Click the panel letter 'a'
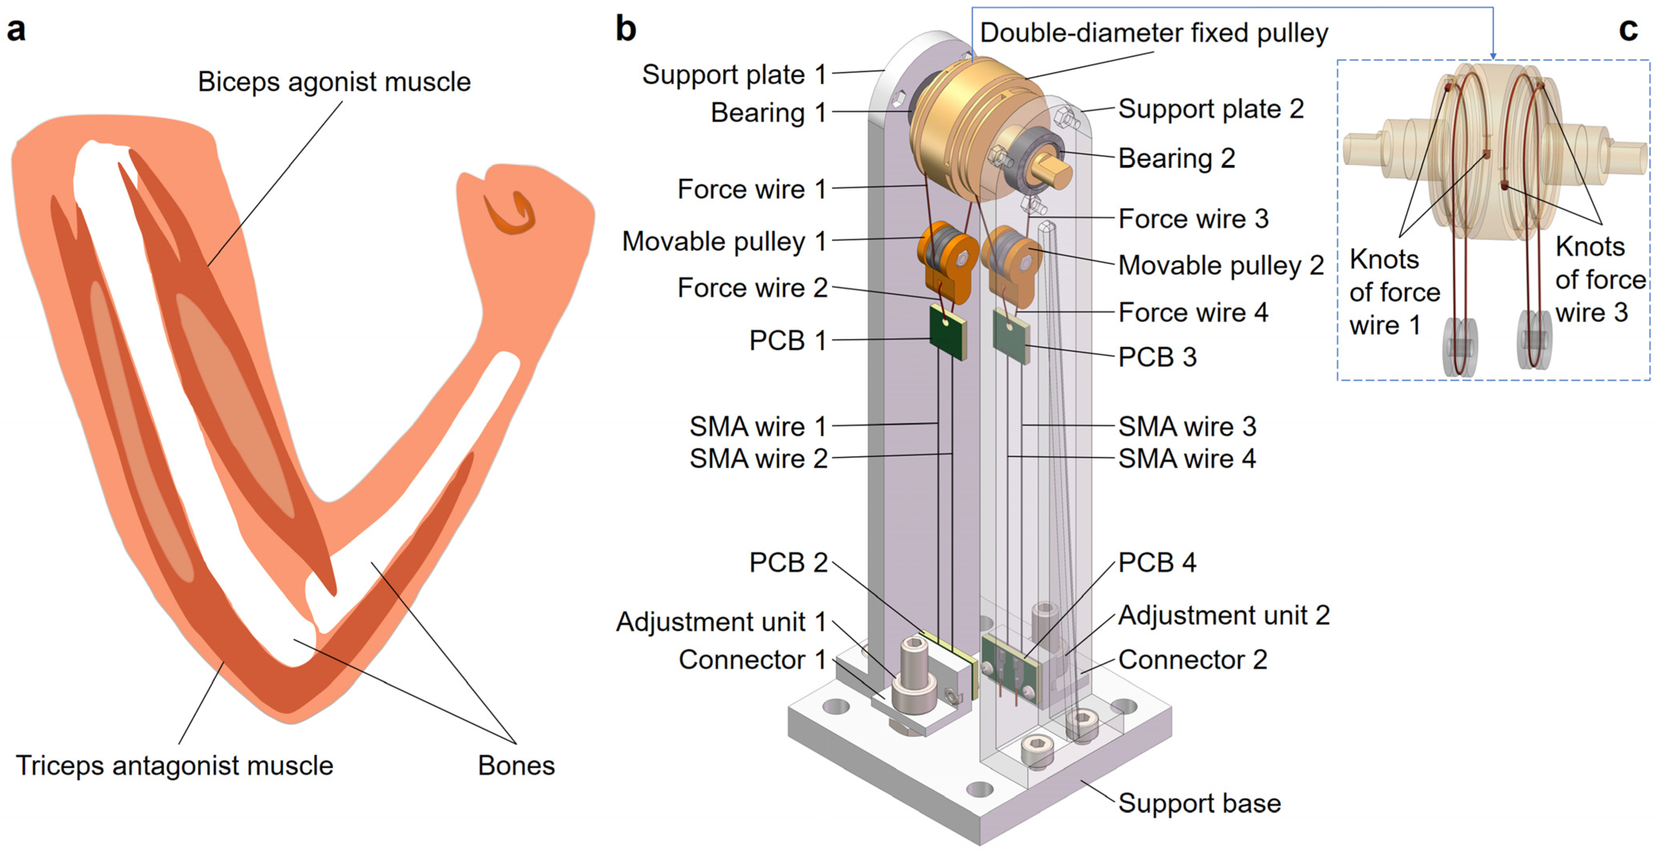pyautogui.click(x=16, y=30)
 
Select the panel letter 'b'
pyautogui.click(x=625, y=29)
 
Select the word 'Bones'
pyautogui.click(x=516, y=765)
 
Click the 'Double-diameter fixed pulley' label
pyautogui.click(x=1154, y=33)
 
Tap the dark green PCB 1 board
pyautogui.click(x=947, y=332)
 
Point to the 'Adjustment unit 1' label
pyautogui.click(x=721, y=622)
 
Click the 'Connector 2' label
pyautogui.click(x=1192, y=659)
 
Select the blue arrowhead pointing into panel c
pyautogui.click(x=1493, y=56)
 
